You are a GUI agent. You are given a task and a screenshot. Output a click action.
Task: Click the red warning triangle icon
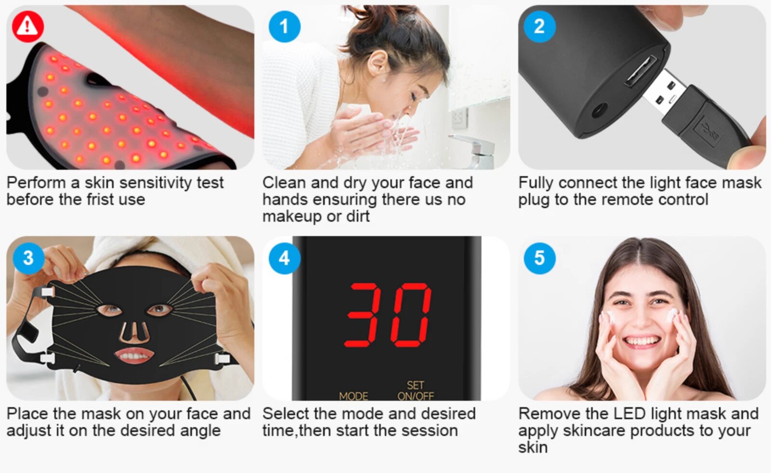point(28,26)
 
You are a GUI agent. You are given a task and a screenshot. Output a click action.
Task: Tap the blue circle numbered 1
point(284,26)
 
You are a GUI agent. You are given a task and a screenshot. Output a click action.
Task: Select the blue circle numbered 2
point(539,26)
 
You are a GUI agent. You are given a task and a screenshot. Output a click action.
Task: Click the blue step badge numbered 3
point(28,258)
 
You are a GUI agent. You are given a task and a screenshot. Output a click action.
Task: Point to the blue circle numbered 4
point(284,258)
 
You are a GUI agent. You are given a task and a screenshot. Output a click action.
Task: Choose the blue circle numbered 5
point(539,258)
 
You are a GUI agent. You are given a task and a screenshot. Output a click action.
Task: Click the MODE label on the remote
point(353,396)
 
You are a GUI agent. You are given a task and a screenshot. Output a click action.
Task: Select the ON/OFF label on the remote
point(415,396)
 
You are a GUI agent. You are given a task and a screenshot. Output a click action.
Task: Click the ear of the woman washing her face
point(378,62)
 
